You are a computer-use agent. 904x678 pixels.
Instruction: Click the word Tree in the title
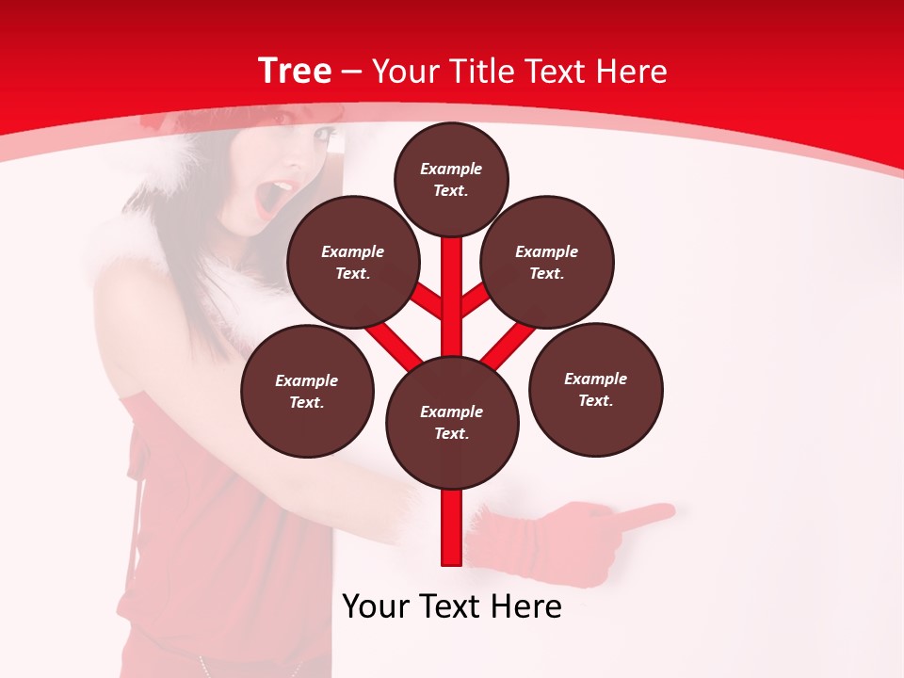point(295,71)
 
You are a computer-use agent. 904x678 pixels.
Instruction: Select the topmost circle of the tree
point(451,179)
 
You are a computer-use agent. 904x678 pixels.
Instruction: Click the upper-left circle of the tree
point(353,262)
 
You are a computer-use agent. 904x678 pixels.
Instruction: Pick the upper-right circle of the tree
point(547,262)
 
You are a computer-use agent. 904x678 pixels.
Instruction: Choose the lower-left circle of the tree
point(307,391)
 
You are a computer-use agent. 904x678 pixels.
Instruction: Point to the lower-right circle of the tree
point(596,389)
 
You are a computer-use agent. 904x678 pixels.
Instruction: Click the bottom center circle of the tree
point(452,422)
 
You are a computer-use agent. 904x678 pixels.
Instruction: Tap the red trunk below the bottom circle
point(452,527)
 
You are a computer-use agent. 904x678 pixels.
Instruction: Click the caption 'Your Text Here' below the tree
point(452,606)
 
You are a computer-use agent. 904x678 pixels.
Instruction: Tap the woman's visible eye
point(324,137)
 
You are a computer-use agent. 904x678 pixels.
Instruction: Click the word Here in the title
point(632,72)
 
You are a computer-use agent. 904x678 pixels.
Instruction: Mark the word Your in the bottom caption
point(377,606)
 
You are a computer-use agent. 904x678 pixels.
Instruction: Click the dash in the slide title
point(352,73)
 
